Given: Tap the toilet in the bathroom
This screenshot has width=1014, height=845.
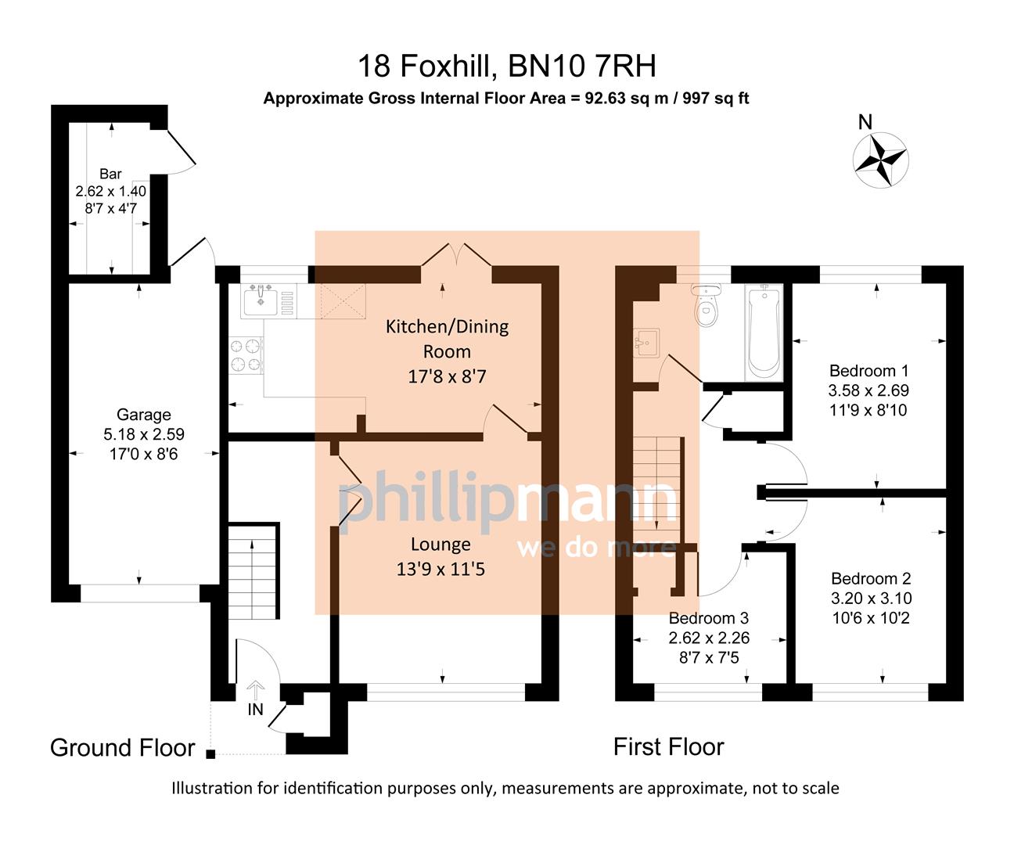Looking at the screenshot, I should [x=707, y=308].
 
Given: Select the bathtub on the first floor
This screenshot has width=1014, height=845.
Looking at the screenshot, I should [x=764, y=332].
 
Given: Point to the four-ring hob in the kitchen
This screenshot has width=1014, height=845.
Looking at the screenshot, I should [x=245, y=354].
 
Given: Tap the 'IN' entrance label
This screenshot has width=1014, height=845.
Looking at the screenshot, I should [x=255, y=710].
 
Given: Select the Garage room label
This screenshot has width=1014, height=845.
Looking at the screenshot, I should [x=144, y=415].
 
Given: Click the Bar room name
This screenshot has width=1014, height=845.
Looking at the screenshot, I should [x=110, y=174].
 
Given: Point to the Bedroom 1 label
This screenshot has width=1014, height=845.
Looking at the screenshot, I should [x=868, y=371].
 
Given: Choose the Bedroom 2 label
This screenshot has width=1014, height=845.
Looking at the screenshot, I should [x=871, y=579].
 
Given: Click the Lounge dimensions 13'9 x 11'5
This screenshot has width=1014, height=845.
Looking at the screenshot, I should [x=440, y=569].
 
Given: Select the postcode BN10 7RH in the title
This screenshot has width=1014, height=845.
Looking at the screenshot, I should [x=582, y=67].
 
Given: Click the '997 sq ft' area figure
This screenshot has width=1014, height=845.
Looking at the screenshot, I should [x=716, y=99].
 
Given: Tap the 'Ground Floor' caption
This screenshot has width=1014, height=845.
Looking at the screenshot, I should [x=122, y=747].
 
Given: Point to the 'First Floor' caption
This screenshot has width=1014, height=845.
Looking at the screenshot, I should [x=668, y=746].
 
